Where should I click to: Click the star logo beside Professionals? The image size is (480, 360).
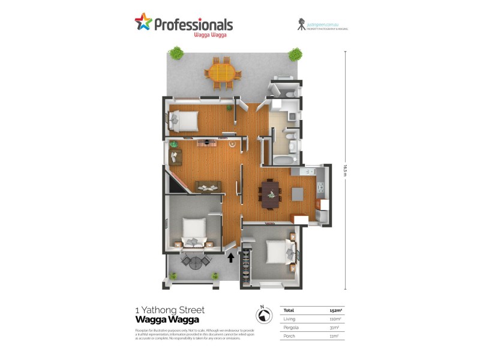pyautogui.click(x=143, y=23)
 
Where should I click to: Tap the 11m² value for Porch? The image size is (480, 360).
pyautogui.click(x=334, y=337)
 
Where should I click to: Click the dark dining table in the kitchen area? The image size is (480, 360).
pyautogui.click(x=271, y=194)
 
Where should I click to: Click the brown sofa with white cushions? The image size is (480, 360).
pyautogui.click(x=208, y=187)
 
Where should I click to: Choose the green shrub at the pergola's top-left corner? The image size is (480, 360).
pyautogui.click(x=175, y=53)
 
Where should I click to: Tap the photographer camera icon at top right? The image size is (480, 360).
pyautogui.click(x=301, y=25)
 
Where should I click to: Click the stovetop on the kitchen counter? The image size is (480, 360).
pyautogui.click(x=320, y=188)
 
